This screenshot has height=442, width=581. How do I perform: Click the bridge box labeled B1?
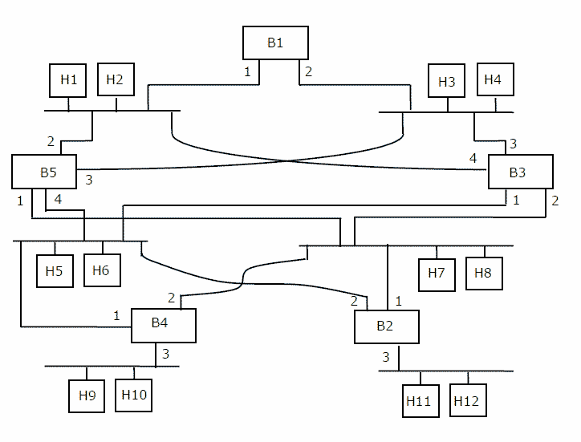(x=275, y=43)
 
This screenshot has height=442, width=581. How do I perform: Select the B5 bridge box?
(x=44, y=172)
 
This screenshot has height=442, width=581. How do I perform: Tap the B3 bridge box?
(x=520, y=172)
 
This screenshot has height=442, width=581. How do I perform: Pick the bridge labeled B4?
(x=164, y=325)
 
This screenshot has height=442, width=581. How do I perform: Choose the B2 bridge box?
(x=386, y=326)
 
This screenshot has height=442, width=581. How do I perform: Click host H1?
(x=68, y=80)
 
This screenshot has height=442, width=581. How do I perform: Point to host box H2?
(x=116, y=79)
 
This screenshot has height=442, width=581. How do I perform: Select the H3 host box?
(x=447, y=82)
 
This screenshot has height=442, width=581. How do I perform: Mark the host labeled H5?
(x=55, y=270)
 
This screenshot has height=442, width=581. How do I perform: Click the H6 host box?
(x=101, y=270)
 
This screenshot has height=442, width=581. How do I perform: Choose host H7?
(x=437, y=273)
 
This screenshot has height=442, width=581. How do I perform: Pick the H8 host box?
(x=484, y=273)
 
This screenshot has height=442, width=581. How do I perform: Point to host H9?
(x=87, y=395)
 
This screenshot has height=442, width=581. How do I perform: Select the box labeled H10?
(x=133, y=395)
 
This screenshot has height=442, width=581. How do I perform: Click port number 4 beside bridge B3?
(x=473, y=159)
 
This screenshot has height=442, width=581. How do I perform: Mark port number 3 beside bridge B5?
(x=88, y=180)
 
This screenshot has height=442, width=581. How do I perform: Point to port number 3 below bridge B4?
(x=166, y=354)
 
